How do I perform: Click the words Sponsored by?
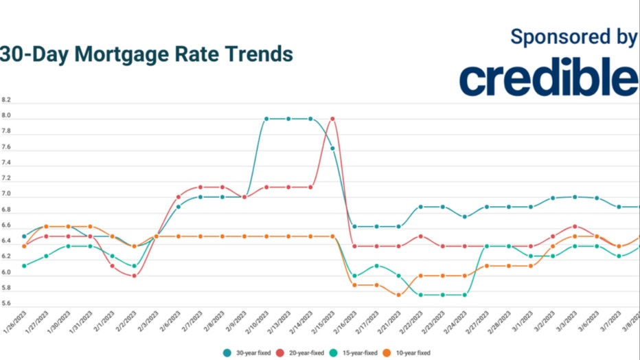573,37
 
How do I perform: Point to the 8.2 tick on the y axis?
6,100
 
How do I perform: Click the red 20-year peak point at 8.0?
332,118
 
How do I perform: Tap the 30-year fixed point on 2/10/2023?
266,118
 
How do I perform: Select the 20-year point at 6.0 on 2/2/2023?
135,276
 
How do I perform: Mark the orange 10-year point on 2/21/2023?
399,295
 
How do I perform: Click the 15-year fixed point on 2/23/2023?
443,295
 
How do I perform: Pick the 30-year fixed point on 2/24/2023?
465,216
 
